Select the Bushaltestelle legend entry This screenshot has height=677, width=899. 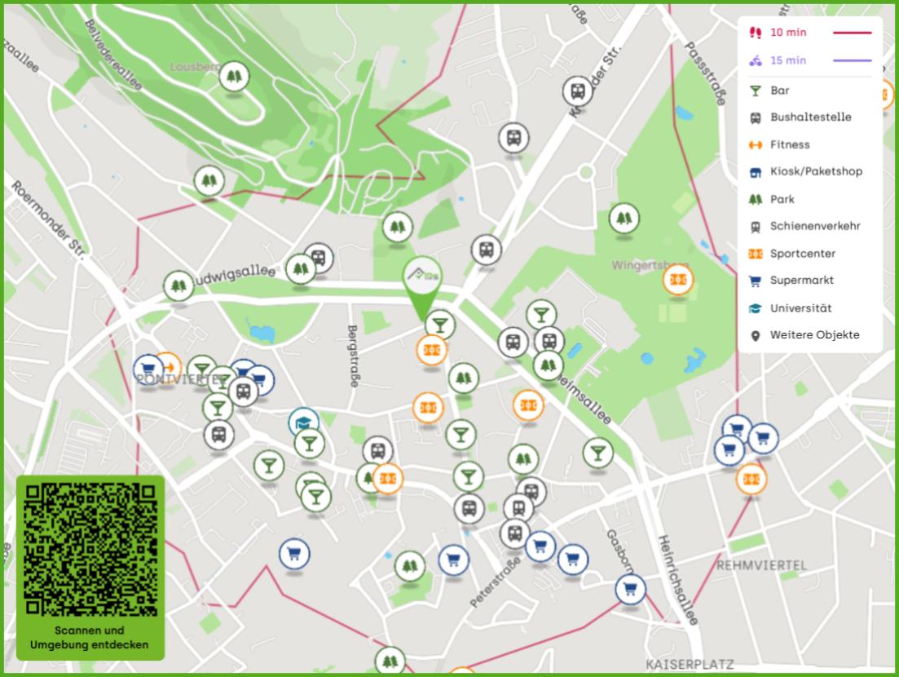coord(810,117)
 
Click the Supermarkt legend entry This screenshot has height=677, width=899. coord(801,281)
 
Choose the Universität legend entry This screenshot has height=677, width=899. coord(800,308)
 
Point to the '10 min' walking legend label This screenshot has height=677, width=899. coord(788,33)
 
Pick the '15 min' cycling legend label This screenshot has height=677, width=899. coord(787,60)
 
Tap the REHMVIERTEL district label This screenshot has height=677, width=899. coord(761,565)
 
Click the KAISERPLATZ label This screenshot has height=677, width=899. coord(690,665)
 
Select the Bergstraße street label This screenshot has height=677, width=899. coord(353,356)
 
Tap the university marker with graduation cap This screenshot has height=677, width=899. coord(303,423)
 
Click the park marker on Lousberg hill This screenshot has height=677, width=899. coord(234,77)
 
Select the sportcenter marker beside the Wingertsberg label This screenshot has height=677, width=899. coord(677,281)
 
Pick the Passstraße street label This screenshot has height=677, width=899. coord(706,73)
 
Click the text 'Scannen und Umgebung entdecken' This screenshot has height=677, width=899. coord(90,638)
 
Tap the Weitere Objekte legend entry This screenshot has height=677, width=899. coord(814,335)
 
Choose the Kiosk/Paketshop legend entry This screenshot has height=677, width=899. coord(815,171)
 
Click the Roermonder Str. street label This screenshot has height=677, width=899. coord(48,220)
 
